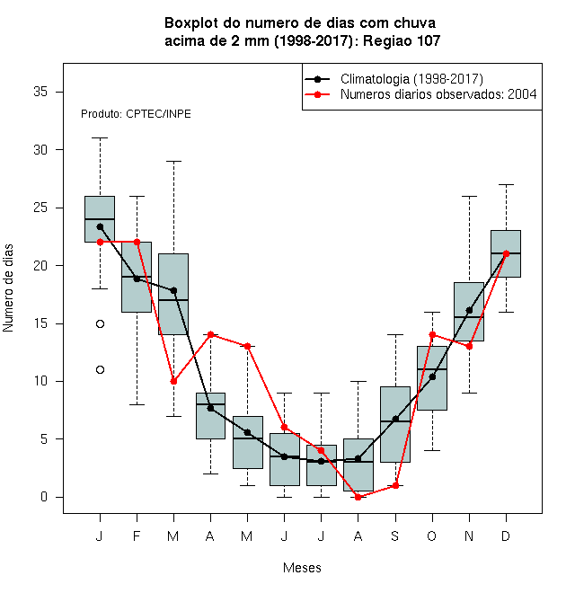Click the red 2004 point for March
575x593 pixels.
click(173, 381)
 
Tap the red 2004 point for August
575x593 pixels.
click(358, 497)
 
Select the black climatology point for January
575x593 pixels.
click(100, 227)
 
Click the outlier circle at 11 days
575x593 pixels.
click(100, 369)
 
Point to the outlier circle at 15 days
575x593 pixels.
click(100, 323)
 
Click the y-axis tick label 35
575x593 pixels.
click(40, 92)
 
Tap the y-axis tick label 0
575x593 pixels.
click(44, 497)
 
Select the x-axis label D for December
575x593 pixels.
click(506, 535)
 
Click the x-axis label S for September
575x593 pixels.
click(395, 535)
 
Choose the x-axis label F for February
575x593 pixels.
click(137, 535)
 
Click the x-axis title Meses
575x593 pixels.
click(302, 568)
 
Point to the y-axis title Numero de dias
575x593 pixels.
click(8, 288)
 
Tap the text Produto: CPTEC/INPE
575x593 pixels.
click(136, 114)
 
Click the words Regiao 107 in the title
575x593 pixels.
click(402, 40)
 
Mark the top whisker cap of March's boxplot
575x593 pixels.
click(173, 161)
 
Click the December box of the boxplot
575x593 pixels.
click(506, 253)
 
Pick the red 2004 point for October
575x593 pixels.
click(432, 335)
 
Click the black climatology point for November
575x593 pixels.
click(469, 310)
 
